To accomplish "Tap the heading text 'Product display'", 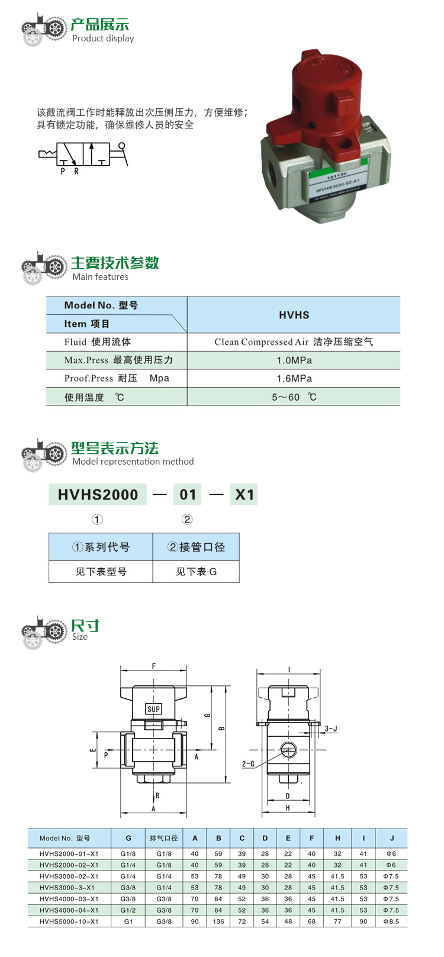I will (103, 38).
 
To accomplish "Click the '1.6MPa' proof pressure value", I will (294, 378).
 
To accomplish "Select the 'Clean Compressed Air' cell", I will (262, 341).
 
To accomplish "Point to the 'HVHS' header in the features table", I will (294, 315).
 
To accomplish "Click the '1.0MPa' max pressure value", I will (294, 360).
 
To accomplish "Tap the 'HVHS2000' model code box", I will (98, 495).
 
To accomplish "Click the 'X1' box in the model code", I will (244, 495).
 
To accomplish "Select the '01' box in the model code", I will (188, 495).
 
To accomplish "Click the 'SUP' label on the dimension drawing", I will (153, 709).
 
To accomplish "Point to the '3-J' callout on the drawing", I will (331, 729).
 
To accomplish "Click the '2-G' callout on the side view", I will (248, 764).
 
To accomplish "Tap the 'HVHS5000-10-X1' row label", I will (69, 921).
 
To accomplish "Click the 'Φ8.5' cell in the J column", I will (391, 921).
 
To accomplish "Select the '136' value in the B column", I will (218, 921).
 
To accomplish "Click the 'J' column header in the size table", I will (391, 838).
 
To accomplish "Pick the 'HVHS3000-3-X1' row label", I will (67, 888).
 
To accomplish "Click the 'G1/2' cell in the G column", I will (128, 910).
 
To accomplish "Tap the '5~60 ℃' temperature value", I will (294, 397).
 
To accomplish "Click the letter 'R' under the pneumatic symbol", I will (76, 171).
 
